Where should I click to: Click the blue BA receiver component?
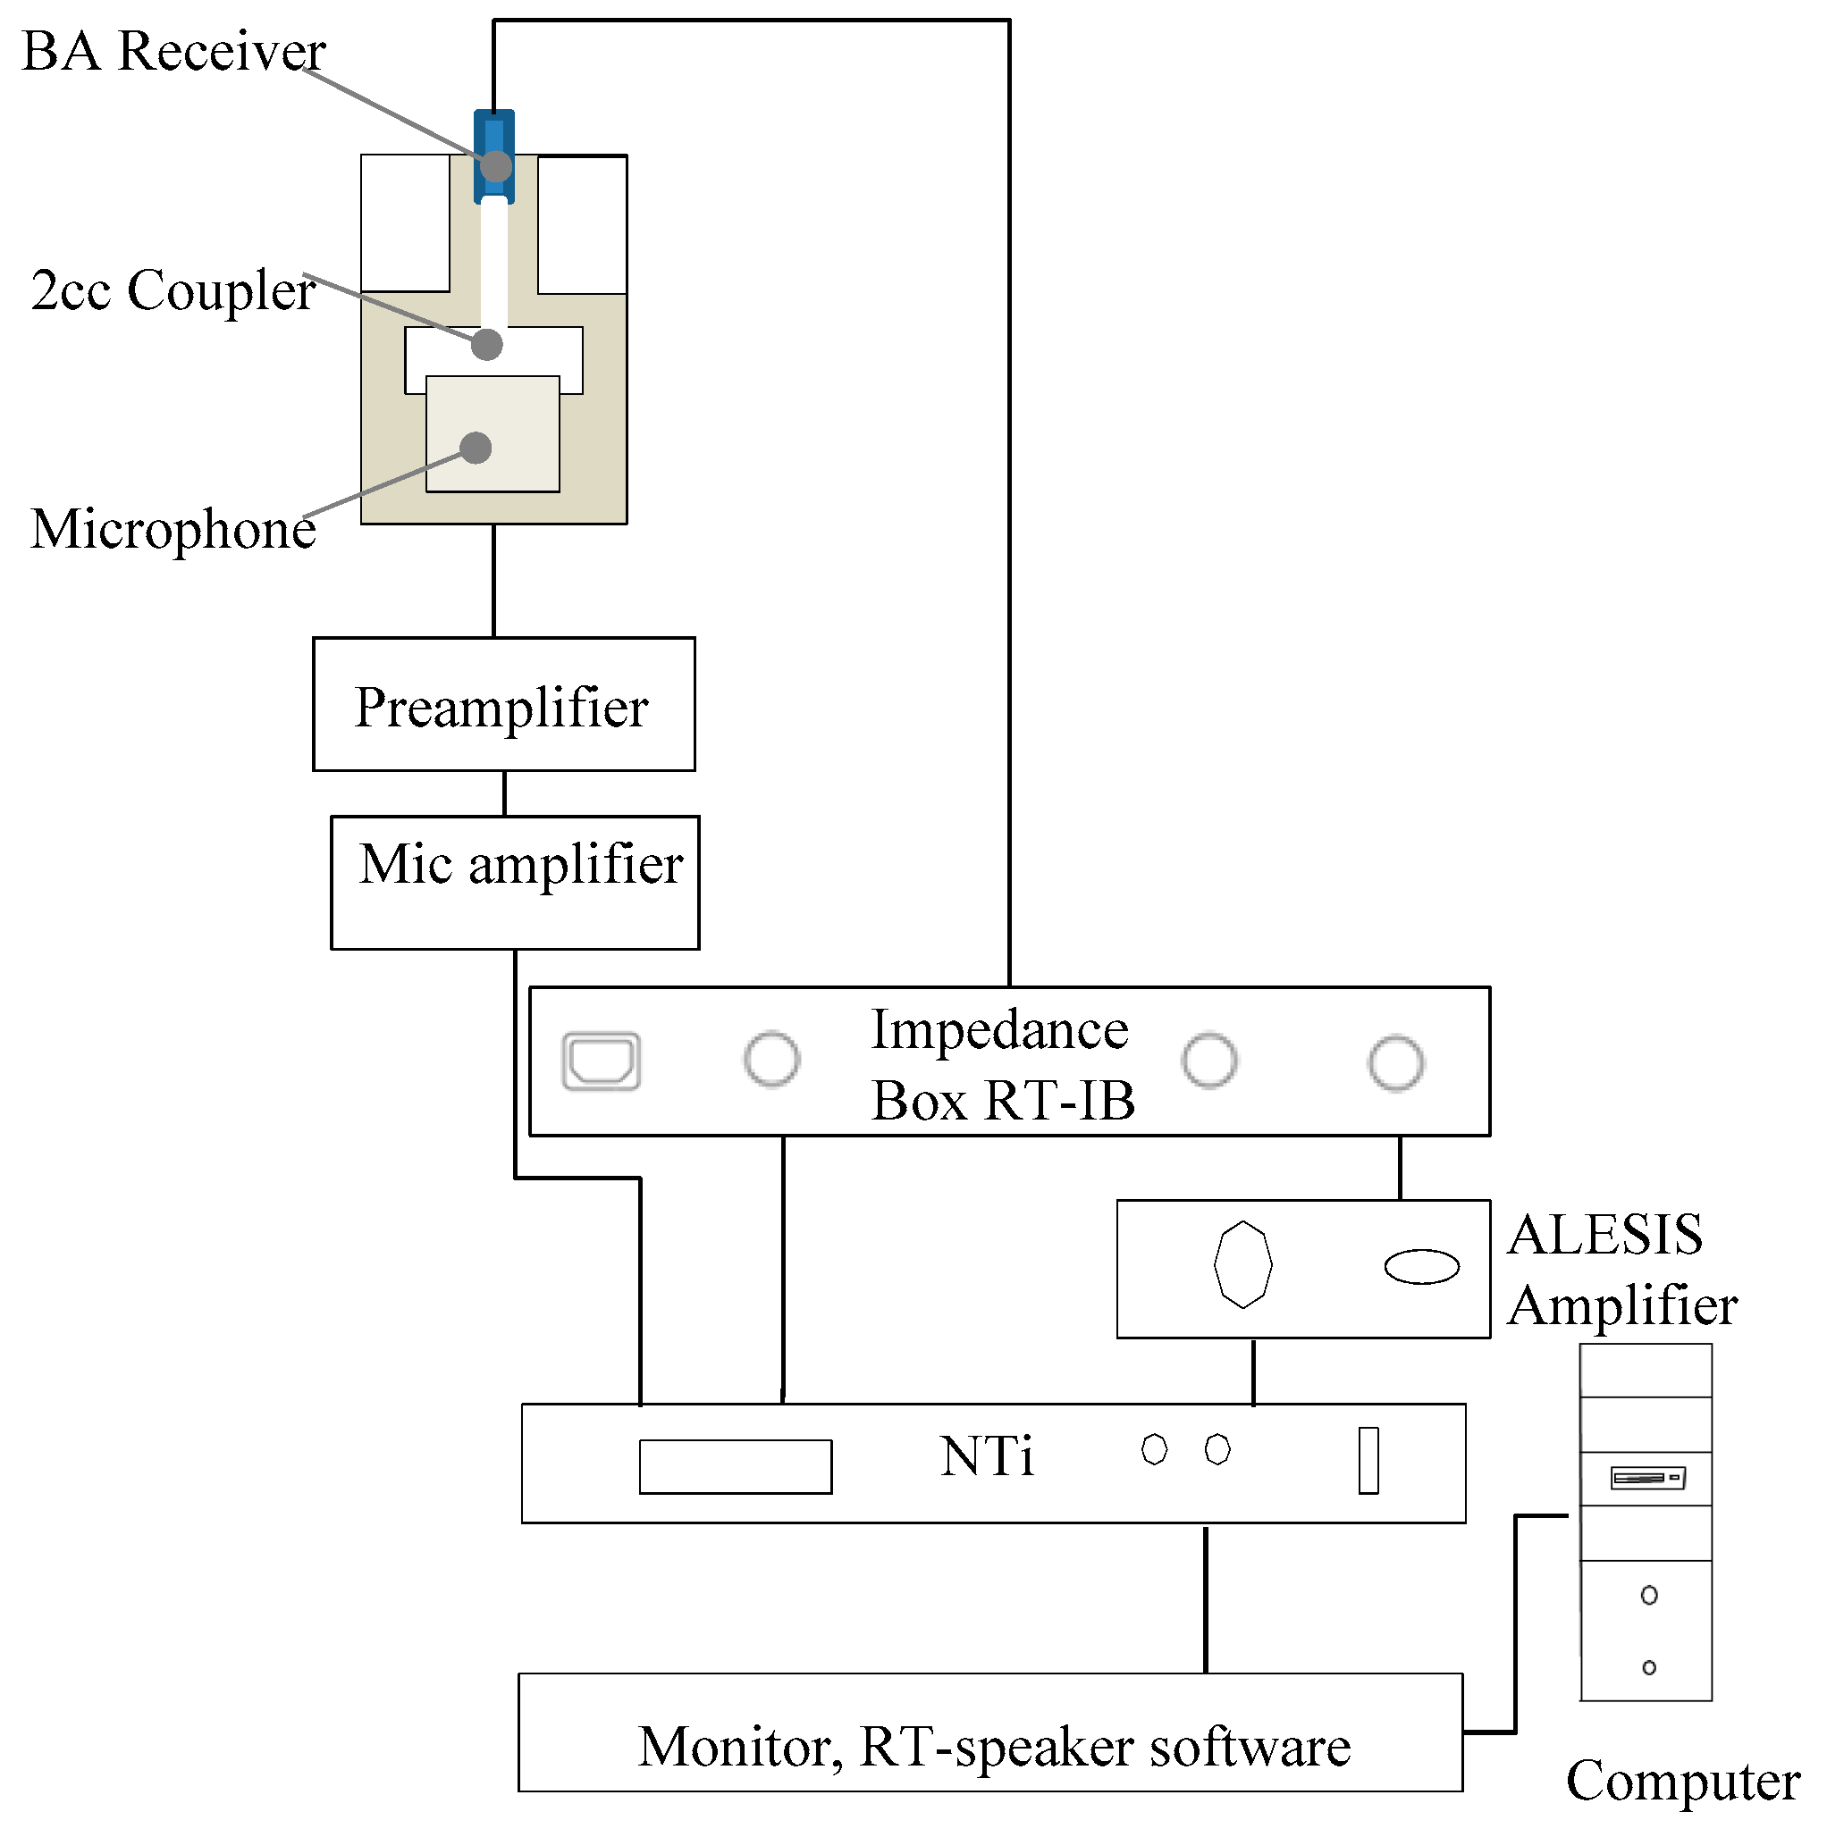pos(493,133)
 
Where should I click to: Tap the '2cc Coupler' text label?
pos(173,290)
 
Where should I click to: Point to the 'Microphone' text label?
pos(173,529)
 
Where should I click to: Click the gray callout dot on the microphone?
pos(476,448)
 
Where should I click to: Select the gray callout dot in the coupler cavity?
pos(487,344)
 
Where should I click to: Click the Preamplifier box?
pos(503,705)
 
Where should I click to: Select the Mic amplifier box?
pos(515,884)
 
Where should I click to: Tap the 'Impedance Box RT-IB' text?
pos(1000,1065)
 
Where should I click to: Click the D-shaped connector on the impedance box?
pos(601,1061)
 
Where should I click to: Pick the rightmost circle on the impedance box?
pos(1395,1063)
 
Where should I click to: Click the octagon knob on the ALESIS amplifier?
pos(1242,1265)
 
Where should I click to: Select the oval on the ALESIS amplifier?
pos(1421,1266)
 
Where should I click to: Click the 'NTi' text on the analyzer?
pos(986,1455)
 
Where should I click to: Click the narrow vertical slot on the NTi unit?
pos(1368,1461)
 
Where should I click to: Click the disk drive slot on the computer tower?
pos(1647,1479)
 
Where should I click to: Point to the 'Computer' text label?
pos(1681,1780)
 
